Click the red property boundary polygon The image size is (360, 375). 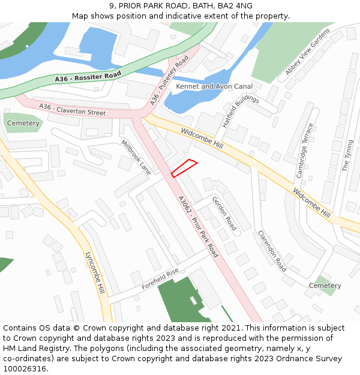pos(184,168)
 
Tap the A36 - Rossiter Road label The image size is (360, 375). pos(88,77)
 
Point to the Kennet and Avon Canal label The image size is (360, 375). pos(214,86)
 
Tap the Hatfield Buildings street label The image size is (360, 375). pos(240,111)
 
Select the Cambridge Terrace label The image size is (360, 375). pos(305,151)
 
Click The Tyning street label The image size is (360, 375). pos(347,155)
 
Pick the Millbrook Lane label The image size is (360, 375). pos(136,157)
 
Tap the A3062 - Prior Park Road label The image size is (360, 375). pos(198,227)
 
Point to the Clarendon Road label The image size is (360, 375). pos(272,251)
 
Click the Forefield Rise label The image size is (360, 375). pos(160,279)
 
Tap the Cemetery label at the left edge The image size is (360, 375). pos(23,123)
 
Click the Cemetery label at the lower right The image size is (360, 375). pos(325,286)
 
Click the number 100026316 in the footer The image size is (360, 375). pos(25,368)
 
